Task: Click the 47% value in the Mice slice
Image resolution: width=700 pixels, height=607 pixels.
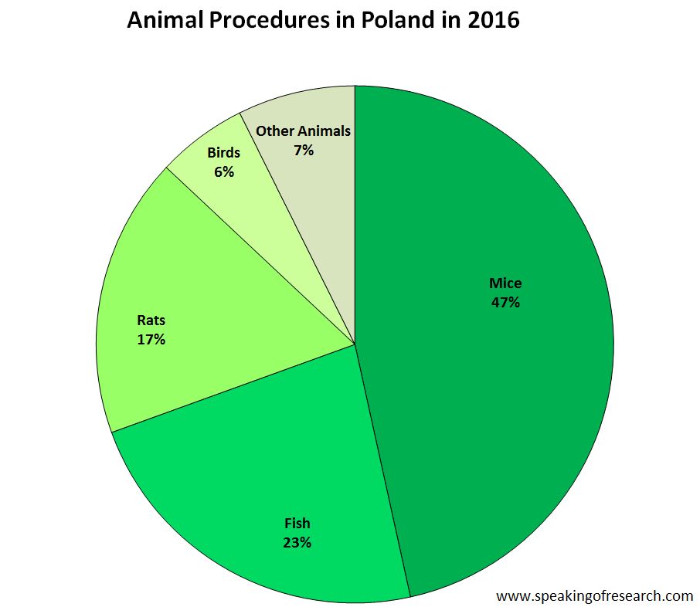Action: coord(505,302)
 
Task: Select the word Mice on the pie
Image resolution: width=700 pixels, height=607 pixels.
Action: coord(505,283)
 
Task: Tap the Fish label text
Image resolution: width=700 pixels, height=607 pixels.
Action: coord(297,524)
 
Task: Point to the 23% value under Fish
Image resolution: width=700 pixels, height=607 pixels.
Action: coord(297,542)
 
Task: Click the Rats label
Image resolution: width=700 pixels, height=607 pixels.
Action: coord(151,320)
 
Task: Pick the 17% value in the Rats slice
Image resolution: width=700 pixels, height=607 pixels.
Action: coord(151,338)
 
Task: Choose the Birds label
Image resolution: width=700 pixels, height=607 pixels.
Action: coord(223,153)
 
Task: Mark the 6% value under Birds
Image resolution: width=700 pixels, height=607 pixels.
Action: coord(224,171)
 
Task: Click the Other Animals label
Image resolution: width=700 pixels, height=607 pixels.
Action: coord(303,131)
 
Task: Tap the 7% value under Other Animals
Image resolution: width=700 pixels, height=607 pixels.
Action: coord(304,150)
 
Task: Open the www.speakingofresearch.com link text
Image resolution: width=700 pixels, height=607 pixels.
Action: coord(594,595)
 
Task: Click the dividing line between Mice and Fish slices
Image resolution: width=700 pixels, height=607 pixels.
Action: coord(382,471)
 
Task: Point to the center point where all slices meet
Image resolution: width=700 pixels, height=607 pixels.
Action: coord(355,344)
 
